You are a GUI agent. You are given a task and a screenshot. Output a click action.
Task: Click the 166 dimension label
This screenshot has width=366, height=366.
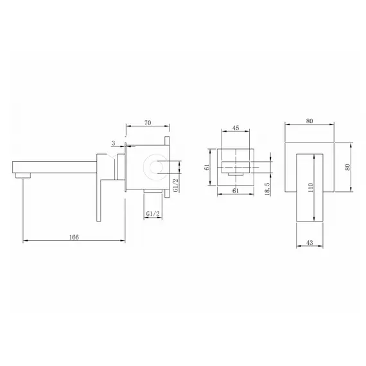pos(74,237)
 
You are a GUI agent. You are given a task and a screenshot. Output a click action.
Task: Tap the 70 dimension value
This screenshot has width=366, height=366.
pos(148,123)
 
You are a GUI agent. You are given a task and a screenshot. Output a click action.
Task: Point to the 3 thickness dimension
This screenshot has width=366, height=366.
pos(114,143)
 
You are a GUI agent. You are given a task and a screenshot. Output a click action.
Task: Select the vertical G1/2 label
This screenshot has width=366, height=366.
pos(176,185)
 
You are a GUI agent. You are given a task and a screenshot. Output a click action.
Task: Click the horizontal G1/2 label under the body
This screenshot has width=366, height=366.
pos(153,214)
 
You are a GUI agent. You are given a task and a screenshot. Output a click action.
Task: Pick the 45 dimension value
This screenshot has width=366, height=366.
pos(236,128)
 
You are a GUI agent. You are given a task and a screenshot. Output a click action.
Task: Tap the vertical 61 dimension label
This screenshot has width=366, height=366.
pos(207,167)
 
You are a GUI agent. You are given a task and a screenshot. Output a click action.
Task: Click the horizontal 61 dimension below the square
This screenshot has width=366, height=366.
pos(236,191)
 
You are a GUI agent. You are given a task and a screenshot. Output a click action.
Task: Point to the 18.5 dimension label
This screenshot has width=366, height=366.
pos(268,189)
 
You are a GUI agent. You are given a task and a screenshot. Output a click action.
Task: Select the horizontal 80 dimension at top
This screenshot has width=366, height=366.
pos(309,121)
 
